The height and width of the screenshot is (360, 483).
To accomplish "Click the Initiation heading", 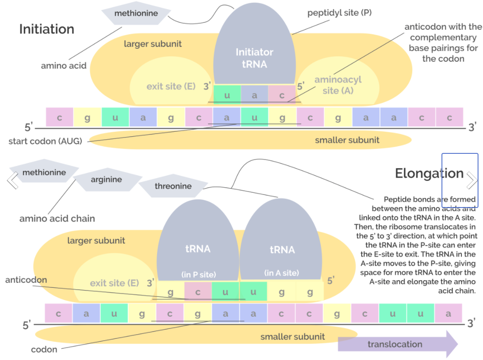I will tap(46, 29).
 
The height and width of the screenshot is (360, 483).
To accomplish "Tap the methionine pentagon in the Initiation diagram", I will tap(136, 14).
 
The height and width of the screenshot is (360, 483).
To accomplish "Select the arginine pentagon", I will tap(106, 180).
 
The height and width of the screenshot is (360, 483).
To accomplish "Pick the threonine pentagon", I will tap(173, 186).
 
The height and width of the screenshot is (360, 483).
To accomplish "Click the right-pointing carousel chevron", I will tap(472, 180).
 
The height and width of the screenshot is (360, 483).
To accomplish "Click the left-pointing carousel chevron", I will tap(12, 180).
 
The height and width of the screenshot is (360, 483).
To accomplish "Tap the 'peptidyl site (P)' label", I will tap(339, 13).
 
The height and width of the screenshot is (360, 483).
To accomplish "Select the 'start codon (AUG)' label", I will tap(45, 141).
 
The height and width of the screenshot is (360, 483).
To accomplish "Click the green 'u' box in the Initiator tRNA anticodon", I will tap(227, 95).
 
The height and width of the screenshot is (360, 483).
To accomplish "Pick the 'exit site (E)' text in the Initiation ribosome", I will tap(171, 86).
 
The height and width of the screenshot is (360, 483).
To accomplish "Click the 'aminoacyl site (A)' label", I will tap(338, 85).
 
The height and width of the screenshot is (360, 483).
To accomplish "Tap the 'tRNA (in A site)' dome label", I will tap(282, 260).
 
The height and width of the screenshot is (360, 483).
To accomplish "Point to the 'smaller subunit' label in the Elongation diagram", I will tap(293, 337).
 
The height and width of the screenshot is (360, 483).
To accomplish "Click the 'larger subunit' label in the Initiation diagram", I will tap(153, 44).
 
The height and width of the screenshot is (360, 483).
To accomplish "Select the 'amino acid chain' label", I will tap(57, 219).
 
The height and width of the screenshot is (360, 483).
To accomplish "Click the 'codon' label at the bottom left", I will tap(44, 350).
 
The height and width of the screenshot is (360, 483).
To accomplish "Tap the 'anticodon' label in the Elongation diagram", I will tap(26, 280).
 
